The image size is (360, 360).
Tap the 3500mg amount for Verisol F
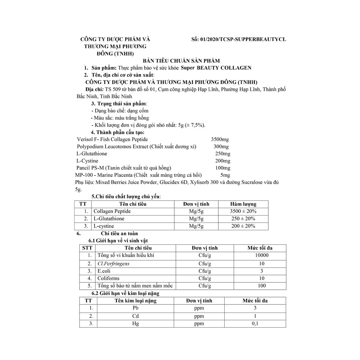coord(220,140)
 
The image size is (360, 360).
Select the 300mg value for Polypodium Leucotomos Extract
coord(221,147)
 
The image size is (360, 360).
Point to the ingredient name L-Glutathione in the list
coord(92,154)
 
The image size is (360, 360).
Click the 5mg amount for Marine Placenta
coord(225,175)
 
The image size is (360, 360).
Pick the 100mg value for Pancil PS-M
coord(223,168)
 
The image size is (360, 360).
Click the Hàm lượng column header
coord(243,204)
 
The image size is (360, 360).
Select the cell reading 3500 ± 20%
coord(243,211)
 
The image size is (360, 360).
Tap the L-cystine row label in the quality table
coord(104,226)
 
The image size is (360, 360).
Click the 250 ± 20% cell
coord(243,219)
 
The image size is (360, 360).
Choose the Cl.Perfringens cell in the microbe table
coord(113,263)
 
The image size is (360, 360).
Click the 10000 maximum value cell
coord(262,255)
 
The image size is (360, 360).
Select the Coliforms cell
coord(108,278)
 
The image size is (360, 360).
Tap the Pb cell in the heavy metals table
coord(135,308)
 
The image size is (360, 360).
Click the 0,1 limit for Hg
coord(255,323)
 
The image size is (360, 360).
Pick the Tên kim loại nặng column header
coord(135,301)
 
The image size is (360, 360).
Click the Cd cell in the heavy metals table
coord(135,316)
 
